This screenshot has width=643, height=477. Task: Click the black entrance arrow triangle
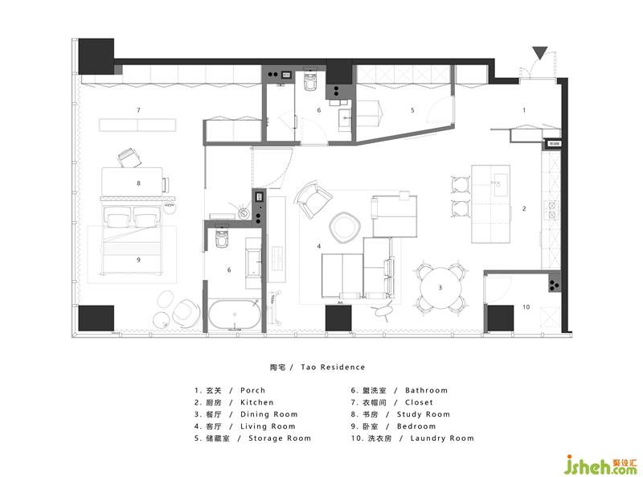(539, 53)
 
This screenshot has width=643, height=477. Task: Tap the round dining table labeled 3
(440, 288)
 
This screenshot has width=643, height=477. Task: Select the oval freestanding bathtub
(234, 315)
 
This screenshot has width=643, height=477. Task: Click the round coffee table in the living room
(345, 226)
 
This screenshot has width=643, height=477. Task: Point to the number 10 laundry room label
(526, 306)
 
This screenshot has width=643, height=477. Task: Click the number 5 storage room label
(412, 110)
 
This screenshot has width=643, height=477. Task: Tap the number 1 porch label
(524, 110)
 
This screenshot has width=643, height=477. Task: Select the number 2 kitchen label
(524, 208)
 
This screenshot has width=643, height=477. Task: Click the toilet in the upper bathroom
(310, 82)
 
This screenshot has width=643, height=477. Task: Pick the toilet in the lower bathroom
(222, 238)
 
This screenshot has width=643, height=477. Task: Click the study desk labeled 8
(132, 182)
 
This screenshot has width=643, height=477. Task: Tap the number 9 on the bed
(138, 260)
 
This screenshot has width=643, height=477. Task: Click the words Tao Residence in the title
(333, 367)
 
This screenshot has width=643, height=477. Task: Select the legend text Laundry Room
(442, 438)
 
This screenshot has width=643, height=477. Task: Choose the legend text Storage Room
(280, 438)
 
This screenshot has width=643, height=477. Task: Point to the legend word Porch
(252, 390)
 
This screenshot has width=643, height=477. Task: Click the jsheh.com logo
(601, 465)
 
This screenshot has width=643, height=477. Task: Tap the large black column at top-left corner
(96, 56)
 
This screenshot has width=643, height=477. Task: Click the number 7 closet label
(138, 110)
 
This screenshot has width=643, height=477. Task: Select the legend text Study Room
(424, 414)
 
